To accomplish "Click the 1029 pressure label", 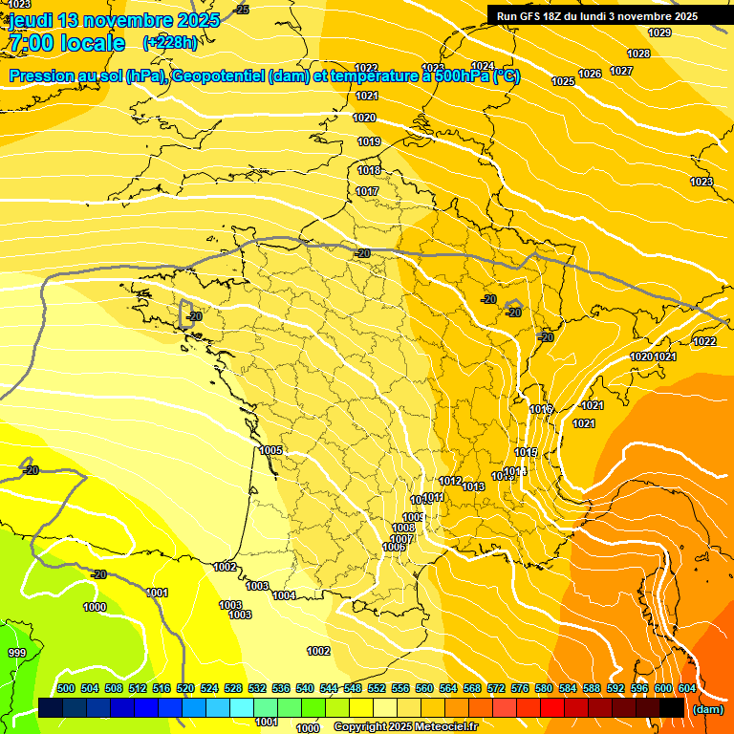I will click(659, 32).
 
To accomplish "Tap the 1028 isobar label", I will click(638, 54).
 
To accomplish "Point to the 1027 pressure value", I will click(621, 71).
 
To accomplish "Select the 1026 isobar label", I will click(590, 74).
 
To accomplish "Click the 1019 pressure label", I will click(369, 141).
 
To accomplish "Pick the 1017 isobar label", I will click(367, 191).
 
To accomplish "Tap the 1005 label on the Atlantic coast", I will click(270, 450).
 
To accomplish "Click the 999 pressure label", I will click(17, 653).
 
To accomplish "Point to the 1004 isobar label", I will click(284, 595).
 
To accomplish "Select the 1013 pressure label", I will click(473, 486).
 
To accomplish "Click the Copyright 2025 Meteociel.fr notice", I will click(405, 727).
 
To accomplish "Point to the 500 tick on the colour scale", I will click(66, 688).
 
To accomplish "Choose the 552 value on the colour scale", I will click(377, 688).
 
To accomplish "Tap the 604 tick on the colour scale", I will click(686, 688).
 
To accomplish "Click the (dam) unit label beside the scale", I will click(707, 709).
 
